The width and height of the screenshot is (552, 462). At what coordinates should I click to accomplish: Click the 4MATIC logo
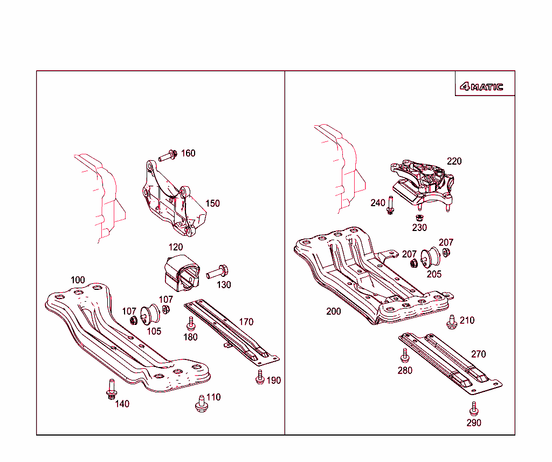tap(481, 86)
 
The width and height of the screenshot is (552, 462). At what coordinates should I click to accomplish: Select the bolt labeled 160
tap(167, 157)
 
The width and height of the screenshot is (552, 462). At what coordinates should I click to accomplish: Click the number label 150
tap(212, 203)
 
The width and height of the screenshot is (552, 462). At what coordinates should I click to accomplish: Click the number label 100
tap(78, 280)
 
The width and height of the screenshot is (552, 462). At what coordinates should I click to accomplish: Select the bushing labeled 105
tap(148, 315)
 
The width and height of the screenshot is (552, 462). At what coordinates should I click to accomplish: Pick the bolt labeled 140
tap(111, 390)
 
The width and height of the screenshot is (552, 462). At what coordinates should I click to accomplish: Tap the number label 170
tap(246, 322)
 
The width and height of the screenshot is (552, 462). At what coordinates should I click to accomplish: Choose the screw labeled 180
tap(190, 324)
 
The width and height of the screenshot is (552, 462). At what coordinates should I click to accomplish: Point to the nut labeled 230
tap(418, 217)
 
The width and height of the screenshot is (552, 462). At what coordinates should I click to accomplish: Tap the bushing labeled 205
tap(430, 258)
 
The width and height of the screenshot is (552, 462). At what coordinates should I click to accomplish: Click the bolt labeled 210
tap(452, 322)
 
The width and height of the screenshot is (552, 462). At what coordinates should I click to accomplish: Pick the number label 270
tap(478, 354)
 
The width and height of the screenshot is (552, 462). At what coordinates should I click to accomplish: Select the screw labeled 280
tap(404, 355)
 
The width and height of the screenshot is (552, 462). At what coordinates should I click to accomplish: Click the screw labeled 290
tap(474, 409)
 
